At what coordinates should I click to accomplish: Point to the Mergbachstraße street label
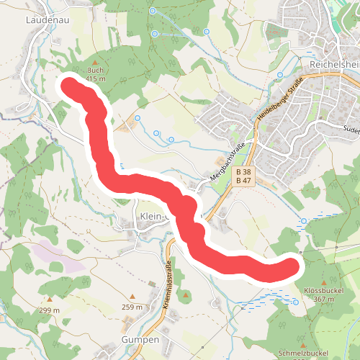228,159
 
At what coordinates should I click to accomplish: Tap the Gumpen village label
139,338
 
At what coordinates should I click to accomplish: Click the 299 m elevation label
49,310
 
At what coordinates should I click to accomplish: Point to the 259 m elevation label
132,307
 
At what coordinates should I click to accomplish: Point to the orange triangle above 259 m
132,297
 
